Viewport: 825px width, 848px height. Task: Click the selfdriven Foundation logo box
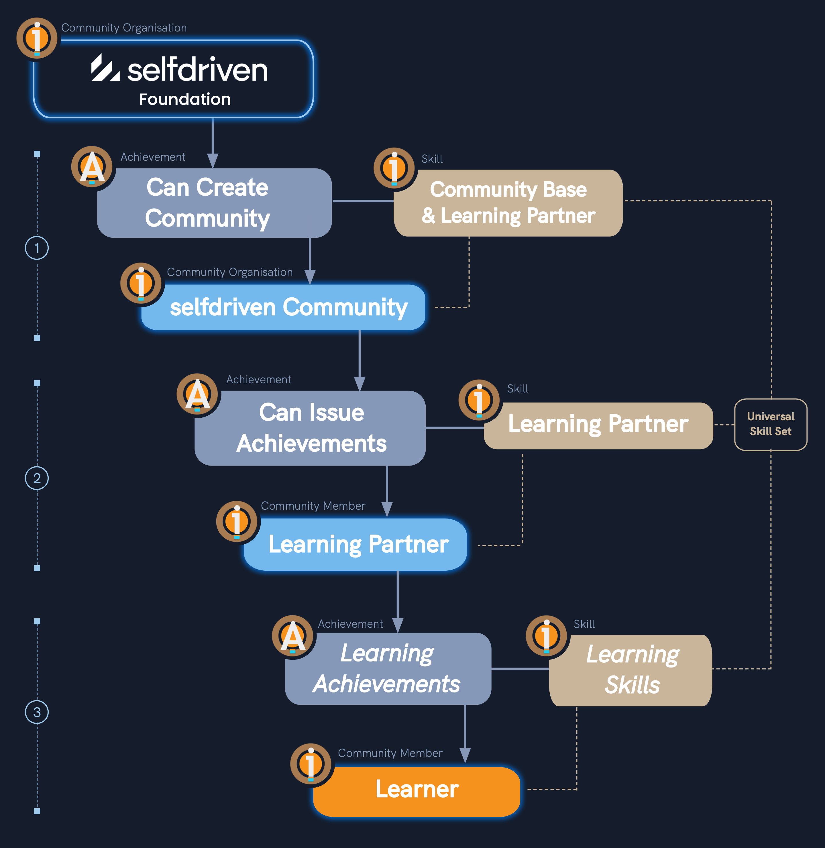(x=173, y=79)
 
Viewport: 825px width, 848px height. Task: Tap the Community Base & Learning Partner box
(x=508, y=203)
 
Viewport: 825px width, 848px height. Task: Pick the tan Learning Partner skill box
(x=598, y=425)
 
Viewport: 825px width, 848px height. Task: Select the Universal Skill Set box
(x=770, y=424)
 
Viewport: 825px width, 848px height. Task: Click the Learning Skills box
(x=630, y=670)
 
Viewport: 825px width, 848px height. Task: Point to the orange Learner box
(x=417, y=791)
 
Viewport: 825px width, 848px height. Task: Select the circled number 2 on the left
(x=37, y=478)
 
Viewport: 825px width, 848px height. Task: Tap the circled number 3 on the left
(x=37, y=712)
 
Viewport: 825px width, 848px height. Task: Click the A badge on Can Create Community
(x=92, y=167)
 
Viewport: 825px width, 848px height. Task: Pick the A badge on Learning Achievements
(x=293, y=636)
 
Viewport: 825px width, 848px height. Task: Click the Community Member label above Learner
(x=390, y=753)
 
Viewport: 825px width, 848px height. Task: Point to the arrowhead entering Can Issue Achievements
(x=360, y=384)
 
